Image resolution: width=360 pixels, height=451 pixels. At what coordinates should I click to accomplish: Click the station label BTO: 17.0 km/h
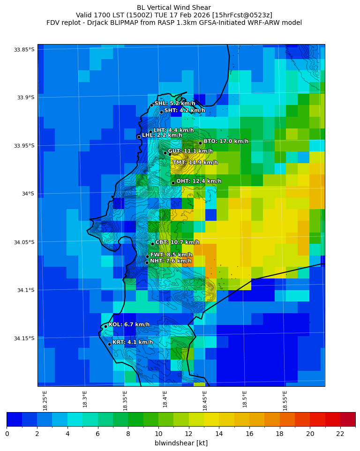(225, 141)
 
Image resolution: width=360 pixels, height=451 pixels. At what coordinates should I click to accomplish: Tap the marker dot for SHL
(151, 105)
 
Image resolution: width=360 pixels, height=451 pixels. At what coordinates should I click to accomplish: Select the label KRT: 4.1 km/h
(133, 342)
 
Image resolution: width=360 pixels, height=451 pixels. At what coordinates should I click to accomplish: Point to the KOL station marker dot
(105, 326)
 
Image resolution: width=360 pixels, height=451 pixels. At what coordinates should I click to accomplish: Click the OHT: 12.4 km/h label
(199, 181)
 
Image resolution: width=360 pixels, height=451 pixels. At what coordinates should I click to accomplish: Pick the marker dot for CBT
(152, 244)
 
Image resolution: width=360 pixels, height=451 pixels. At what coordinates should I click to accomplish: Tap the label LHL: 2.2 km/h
(162, 135)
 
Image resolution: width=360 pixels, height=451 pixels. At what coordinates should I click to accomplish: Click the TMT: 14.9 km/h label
(195, 163)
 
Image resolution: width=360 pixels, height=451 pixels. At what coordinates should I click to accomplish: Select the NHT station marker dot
(147, 263)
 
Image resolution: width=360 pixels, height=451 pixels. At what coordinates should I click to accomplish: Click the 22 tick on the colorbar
(340, 434)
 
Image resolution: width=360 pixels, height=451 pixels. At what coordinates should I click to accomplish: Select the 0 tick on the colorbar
(7, 434)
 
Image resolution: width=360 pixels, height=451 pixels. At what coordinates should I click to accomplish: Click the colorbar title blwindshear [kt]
(181, 443)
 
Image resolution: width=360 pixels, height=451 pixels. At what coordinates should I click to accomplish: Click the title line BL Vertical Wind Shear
(174, 8)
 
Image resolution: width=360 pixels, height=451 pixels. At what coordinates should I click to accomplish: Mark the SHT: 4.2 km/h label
(184, 111)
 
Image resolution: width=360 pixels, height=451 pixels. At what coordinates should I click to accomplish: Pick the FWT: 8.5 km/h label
(171, 255)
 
